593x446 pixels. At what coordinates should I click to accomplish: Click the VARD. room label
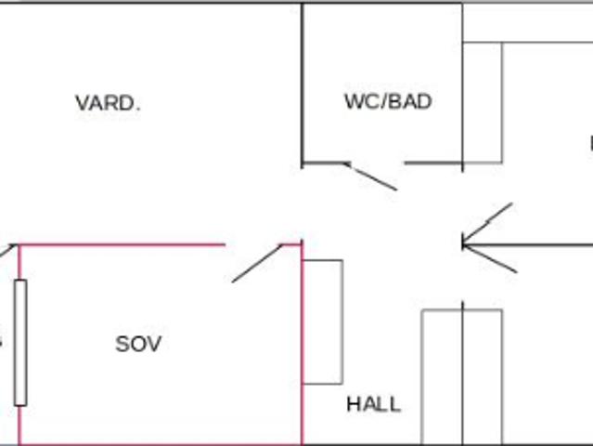click(x=108, y=103)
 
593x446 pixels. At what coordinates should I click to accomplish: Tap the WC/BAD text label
click(x=388, y=101)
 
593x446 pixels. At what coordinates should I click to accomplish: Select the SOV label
click(x=138, y=344)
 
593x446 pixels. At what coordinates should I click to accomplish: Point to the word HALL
click(x=374, y=404)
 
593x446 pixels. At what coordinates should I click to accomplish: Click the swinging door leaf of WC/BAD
click(x=371, y=177)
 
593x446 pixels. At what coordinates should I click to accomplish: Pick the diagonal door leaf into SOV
click(x=256, y=263)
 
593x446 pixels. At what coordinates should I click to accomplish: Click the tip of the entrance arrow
click(x=463, y=244)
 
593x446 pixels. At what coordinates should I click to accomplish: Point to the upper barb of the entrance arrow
click(x=488, y=223)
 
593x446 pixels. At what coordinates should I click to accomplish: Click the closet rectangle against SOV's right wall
click(x=323, y=321)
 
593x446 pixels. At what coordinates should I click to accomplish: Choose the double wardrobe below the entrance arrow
click(x=462, y=376)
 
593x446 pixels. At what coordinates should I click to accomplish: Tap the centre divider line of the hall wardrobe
click(x=462, y=390)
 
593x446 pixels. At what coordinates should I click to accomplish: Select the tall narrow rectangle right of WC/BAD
click(x=483, y=102)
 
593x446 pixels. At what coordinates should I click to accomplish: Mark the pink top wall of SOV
click(x=121, y=245)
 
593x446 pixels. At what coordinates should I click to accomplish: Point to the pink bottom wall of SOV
click(x=158, y=444)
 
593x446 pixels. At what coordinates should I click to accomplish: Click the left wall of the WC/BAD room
click(x=303, y=84)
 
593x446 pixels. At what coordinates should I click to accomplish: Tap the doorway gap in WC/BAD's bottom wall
click(x=376, y=164)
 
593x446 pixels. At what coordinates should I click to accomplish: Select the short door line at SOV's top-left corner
click(x=8, y=250)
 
